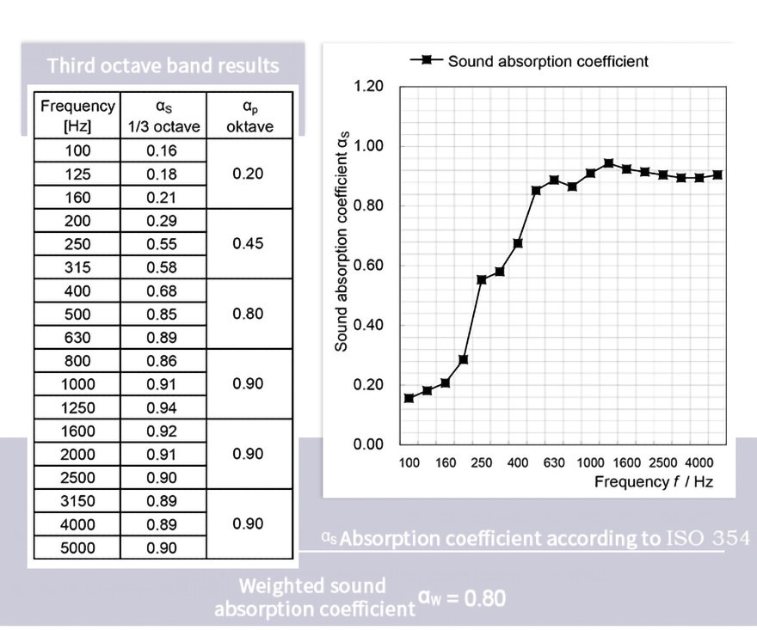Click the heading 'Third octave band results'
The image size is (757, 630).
click(163, 65)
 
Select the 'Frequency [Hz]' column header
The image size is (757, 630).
click(77, 115)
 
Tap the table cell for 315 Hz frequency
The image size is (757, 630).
click(77, 267)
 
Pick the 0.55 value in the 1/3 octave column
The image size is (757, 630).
click(162, 244)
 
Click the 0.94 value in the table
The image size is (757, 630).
click(162, 407)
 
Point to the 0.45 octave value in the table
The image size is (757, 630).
click(248, 243)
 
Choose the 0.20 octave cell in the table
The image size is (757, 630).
click(248, 174)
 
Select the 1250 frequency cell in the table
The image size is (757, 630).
click(77, 407)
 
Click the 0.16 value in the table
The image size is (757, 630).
click(162, 150)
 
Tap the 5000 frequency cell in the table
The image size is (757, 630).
click(77, 547)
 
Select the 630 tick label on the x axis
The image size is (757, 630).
click(554, 463)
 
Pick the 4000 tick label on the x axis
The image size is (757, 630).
click(699, 463)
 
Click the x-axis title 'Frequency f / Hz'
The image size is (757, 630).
click(653, 481)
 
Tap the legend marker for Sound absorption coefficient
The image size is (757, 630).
click(426, 60)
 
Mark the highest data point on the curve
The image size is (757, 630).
click(608, 163)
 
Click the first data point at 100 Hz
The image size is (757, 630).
click(409, 398)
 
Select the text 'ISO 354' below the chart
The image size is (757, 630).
click(707, 539)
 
